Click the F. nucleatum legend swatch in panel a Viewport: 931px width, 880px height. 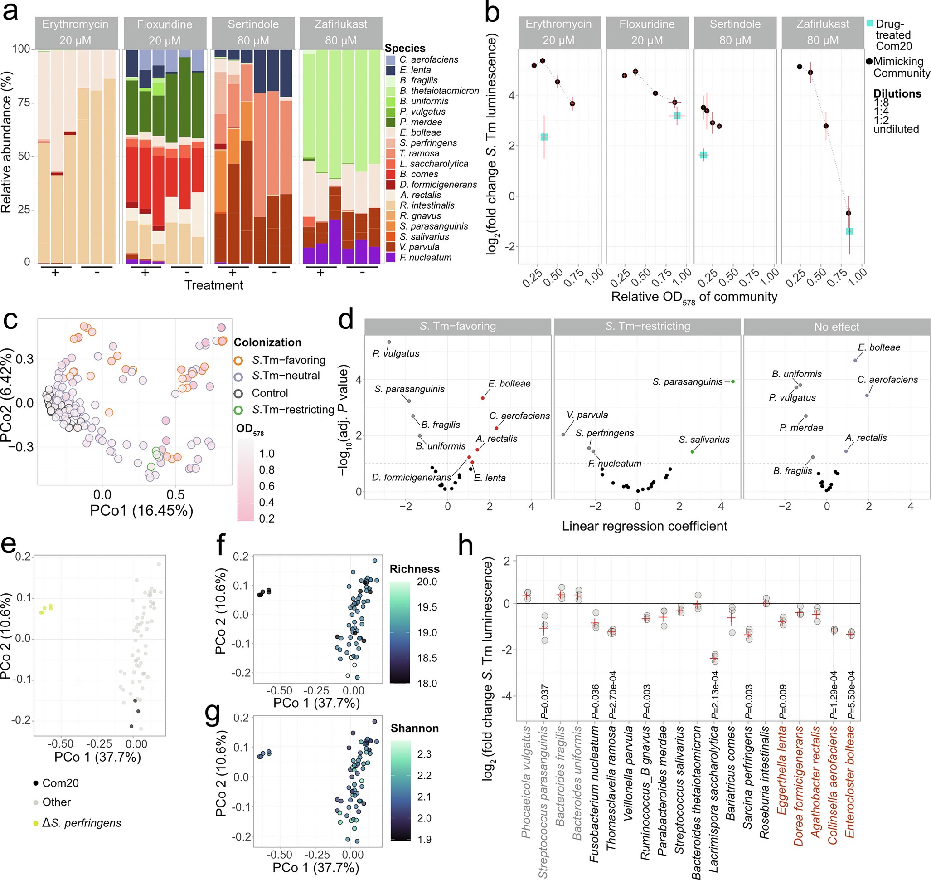(x=391, y=257)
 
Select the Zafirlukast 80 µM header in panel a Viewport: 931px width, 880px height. (x=341, y=32)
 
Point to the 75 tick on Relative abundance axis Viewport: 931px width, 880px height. (x=24, y=102)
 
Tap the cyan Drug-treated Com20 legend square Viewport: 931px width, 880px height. (x=870, y=23)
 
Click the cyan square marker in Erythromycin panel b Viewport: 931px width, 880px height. (x=544, y=137)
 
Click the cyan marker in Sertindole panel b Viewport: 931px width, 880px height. (x=703, y=155)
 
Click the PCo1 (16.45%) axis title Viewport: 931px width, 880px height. (x=141, y=510)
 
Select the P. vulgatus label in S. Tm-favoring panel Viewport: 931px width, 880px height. (x=396, y=353)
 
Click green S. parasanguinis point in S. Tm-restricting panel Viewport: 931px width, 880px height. (x=733, y=381)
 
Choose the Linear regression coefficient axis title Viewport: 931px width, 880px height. (x=645, y=526)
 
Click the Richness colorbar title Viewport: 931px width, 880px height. (x=414, y=569)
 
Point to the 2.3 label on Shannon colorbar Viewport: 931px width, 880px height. (x=424, y=754)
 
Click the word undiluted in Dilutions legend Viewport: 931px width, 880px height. (x=896, y=129)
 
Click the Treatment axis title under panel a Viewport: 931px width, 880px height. (x=213, y=285)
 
